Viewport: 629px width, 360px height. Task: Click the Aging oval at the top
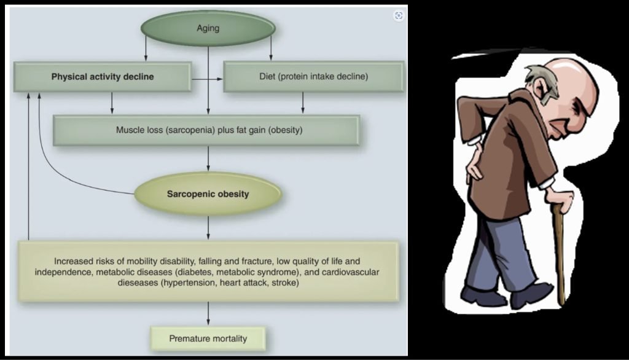pyautogui.click(x=208, y=28)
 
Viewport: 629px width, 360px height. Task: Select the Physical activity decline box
pyautogui.click(x=103, y=77)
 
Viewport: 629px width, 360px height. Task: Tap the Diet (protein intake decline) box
pyautogui.click(x=313, y=77)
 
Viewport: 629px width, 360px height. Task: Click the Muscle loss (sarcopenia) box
pyautogui.click(x=206, y=130)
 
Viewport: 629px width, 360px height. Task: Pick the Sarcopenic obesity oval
pyautogui.click(x=208, y=194)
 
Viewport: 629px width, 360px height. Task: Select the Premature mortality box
pyautogui.click(x=208, y=338)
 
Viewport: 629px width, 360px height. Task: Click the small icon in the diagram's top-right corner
pyautogui.click(x=399, y=15)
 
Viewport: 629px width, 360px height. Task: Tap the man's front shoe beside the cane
pyautogui.click(x=531, y=295)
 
